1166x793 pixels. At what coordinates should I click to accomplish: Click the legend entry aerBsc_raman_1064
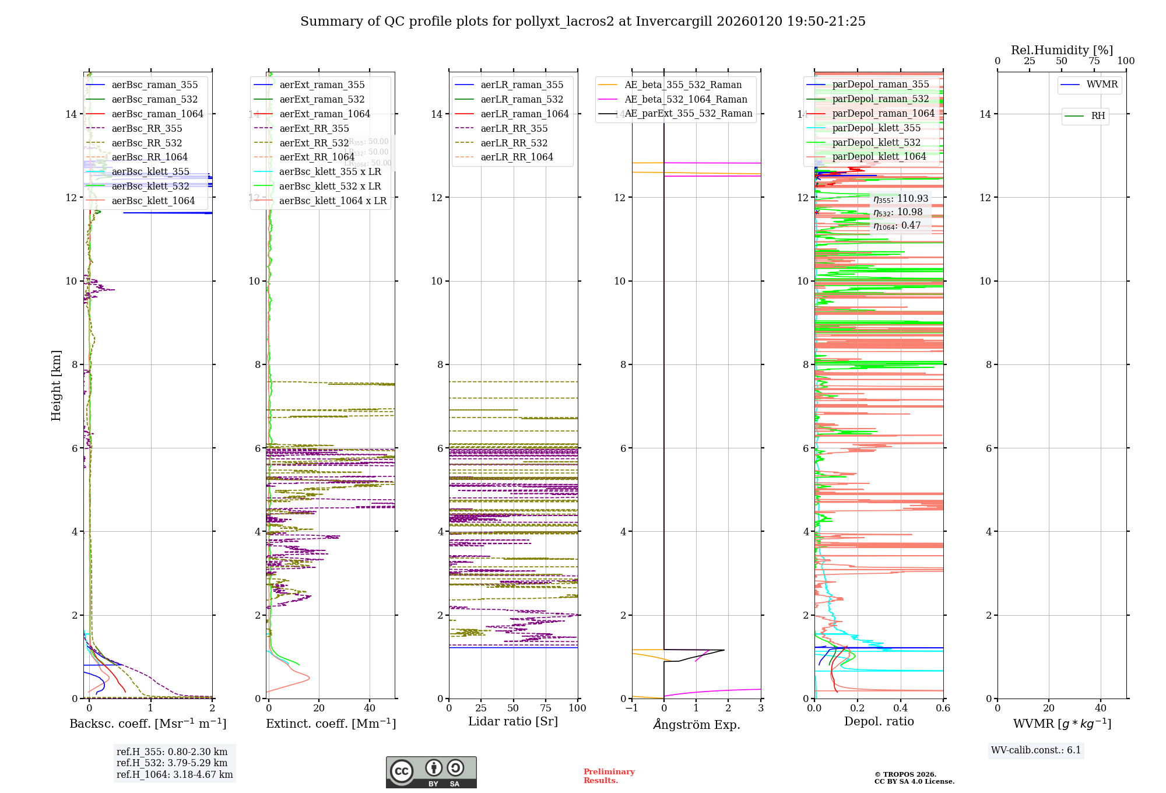coord(157,114)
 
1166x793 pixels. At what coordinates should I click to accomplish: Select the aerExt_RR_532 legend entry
coord(314,143)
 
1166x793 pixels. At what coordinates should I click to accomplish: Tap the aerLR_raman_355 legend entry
coord(522,85)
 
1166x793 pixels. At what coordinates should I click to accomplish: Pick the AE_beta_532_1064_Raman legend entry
coord(686,99)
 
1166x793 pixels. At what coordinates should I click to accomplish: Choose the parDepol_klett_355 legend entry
coord(876,128)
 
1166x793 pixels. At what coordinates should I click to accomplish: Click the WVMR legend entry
coord(1102,85)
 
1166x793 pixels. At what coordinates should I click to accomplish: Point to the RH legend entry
coord(1098,116)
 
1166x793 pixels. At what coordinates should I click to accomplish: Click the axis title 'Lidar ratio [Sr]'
coord(513,721)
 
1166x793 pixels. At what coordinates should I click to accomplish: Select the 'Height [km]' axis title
coord(56,385)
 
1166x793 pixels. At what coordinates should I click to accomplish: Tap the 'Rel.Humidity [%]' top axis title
coord(1062,50)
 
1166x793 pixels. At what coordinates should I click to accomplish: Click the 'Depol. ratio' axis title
coord(879,721)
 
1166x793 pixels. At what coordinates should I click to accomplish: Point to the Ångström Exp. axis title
coord(696,724)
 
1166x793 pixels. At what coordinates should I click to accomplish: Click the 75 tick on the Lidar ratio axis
coord(546,708)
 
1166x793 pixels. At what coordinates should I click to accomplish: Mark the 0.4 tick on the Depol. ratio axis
coord(900,708)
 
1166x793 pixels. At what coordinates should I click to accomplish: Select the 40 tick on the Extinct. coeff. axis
coord(370,708)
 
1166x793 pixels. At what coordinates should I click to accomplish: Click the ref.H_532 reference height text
coord(172,763)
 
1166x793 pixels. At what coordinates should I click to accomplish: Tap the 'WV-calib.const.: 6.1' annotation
coord(1036,750)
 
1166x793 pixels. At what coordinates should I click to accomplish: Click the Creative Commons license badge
coord(431,772)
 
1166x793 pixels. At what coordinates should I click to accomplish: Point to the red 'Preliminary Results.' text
coord(609,776)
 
